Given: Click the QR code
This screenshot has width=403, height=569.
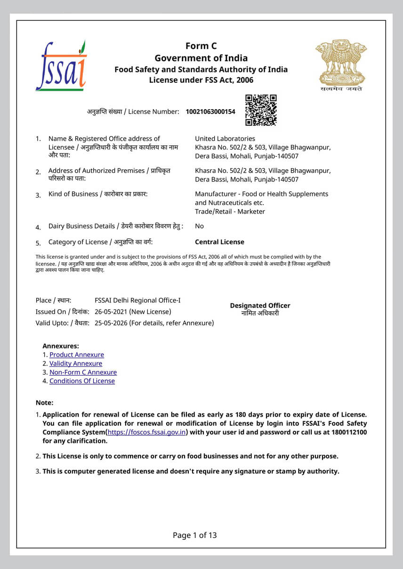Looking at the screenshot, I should pyautogui.click(x=261, y=111).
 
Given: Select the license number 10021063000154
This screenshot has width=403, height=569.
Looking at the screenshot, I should pyautogui.click(x=210, y=111).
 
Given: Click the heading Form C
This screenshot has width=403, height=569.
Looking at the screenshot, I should pyautogui.click(x=201, y=46).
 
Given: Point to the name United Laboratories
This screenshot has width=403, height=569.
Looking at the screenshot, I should pyautogui.click(x=225, y=139).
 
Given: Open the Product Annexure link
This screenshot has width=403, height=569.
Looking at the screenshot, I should pyautogui.click(x=77, y=355).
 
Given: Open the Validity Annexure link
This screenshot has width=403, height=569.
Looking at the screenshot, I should pyautogui.click(x=76, y=364).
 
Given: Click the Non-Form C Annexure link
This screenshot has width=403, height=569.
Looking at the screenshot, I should pyautogui.click(x=83, y=372).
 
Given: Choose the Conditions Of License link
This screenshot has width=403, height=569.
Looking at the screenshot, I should pyautogui.click(x=82, y=381).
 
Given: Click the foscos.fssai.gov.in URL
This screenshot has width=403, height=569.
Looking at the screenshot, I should pyautogui.click(x=146, y=432).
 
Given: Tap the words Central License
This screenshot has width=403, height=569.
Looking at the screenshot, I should pyautogui.click(x=219, y=242).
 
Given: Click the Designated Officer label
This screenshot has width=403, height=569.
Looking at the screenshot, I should pyautogui.click(x=260, y=306).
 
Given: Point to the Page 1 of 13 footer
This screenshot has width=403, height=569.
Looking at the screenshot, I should pyautogui.click(x=194, y=535).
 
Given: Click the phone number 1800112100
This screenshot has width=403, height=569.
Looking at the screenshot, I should pyautogui.click(x=348, y=432).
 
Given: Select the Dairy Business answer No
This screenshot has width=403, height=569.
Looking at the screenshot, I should pyautogui.click(x=200, y=226).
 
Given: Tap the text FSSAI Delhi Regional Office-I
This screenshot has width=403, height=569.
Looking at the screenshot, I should pyautogui.click(x=137, y=300).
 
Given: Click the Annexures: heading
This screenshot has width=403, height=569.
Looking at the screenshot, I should pyautogui.click(x=61, y=346).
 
